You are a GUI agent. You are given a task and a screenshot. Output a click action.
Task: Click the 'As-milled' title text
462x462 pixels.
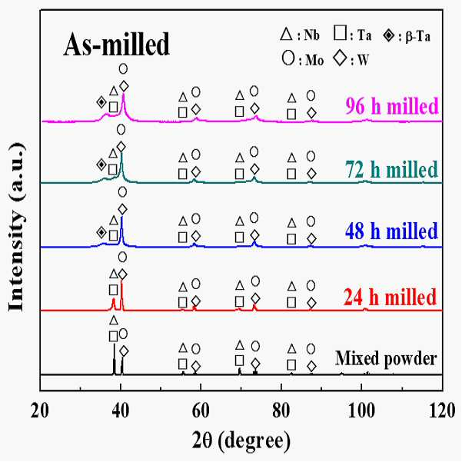coord(116,44)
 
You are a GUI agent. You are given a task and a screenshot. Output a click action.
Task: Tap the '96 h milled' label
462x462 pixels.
coord(392,106)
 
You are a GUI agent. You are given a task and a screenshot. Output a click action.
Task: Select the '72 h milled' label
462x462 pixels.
coord(391,169)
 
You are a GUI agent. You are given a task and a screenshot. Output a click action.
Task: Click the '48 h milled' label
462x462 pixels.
coord(391,231)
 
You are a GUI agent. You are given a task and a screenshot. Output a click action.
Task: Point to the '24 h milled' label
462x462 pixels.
coord(390,297)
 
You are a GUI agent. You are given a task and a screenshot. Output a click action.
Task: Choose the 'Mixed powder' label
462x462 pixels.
coord(386,358)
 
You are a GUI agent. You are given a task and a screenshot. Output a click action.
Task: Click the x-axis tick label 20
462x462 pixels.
coord(39,410)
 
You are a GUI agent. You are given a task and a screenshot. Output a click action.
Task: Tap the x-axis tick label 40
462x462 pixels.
coord(121,410)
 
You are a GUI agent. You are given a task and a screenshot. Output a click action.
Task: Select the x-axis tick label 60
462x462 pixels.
coord(201,410)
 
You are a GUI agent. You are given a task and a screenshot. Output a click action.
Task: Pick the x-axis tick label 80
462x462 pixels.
coord(281,410)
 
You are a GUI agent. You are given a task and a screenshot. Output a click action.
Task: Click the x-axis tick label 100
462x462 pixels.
coord(361,410)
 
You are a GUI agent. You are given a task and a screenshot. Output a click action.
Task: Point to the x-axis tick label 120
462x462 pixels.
coord(442,410)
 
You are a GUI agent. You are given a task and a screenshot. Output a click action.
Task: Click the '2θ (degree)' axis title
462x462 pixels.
coord(241,440)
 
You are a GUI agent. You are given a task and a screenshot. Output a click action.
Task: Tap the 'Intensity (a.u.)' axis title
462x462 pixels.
coord(16,227)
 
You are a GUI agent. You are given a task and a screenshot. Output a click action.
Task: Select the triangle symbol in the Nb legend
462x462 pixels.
coord(286,34)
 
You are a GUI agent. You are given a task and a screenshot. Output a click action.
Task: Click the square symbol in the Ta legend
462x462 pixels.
coord(341,33)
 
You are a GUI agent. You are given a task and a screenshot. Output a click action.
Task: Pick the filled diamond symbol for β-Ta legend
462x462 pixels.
coord(389,35)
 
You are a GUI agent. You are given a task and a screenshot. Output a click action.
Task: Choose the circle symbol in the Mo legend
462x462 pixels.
coord(288,58)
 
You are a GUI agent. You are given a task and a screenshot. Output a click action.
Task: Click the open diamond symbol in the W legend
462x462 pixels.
coord(341,58)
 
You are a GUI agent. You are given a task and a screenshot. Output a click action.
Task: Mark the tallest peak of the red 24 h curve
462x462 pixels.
coord(121,282)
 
